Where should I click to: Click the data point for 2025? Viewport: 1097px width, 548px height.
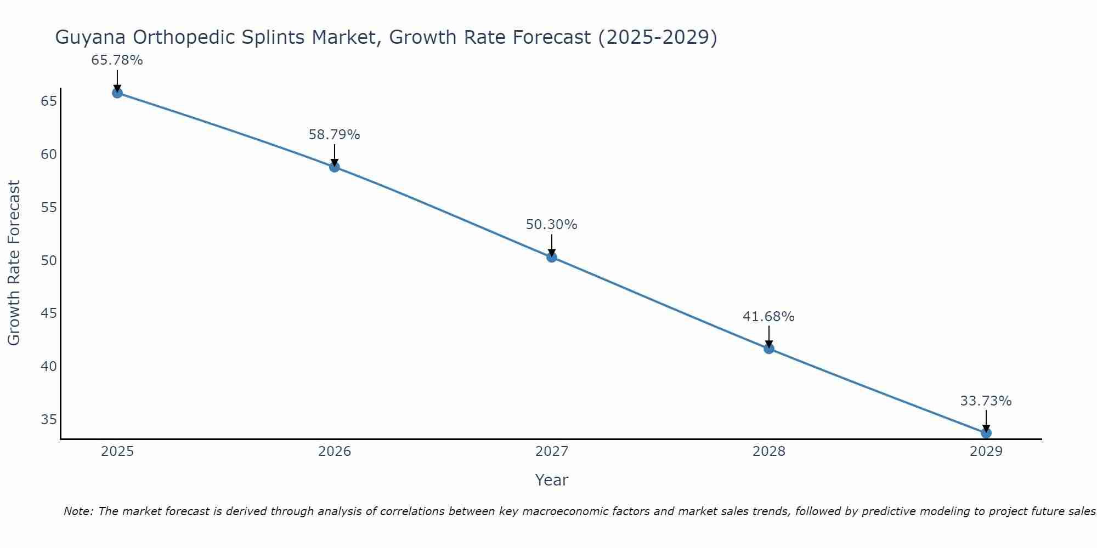(117, 93)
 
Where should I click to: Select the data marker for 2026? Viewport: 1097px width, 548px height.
(335, 167)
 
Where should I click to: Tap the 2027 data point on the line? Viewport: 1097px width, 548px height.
(552, 257)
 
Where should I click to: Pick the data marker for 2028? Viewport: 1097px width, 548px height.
(769, 349)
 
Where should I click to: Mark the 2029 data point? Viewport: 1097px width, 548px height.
(986, 433)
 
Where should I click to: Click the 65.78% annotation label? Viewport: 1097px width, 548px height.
(117, 60)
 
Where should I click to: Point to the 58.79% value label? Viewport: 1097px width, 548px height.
(334, 135)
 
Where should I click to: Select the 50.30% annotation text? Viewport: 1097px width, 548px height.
(551, 225)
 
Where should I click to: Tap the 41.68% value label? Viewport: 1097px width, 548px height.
(768, 317)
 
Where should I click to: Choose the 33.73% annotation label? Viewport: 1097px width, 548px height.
(986, 401)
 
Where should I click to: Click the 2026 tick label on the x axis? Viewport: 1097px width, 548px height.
(335, 452)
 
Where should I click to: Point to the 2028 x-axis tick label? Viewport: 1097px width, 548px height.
(769, 452)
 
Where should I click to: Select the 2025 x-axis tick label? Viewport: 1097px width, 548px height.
(117, 452)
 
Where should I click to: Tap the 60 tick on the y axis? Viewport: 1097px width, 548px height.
(49, 154)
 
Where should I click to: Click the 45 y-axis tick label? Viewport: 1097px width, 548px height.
(49, 313)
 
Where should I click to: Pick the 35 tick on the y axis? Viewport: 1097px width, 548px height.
(49, 420)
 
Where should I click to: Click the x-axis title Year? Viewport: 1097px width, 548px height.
(551, 480)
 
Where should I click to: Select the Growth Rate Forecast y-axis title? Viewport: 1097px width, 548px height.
(14, 262)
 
